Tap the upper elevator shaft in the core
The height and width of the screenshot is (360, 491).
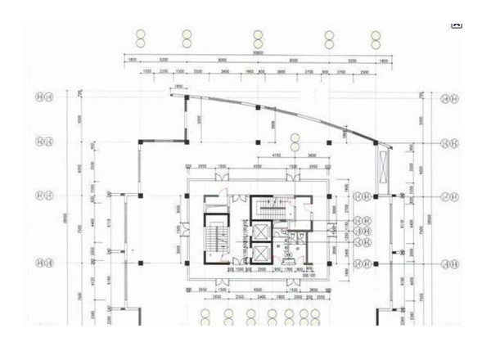point(261,209)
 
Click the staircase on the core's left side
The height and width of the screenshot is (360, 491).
point(216,238)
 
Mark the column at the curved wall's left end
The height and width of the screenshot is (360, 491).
point(187,98)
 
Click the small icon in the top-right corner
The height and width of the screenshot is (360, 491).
point(457,24)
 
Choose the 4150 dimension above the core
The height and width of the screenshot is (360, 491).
point(277,153)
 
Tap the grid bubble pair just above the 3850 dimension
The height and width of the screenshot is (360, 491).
point(295,139)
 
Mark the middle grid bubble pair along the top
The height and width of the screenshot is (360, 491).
point(258,38)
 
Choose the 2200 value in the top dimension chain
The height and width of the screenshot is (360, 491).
point(163,72)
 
